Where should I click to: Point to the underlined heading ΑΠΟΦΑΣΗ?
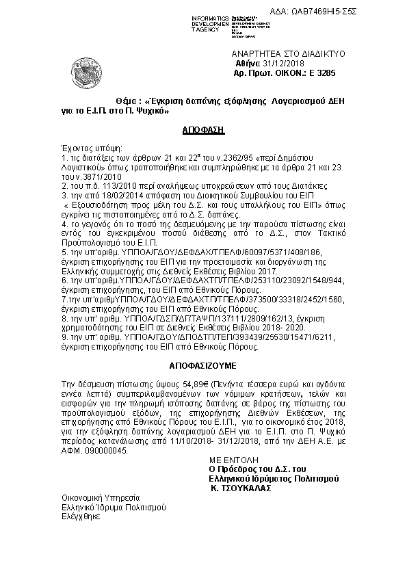203,129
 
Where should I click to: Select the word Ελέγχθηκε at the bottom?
81,516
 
